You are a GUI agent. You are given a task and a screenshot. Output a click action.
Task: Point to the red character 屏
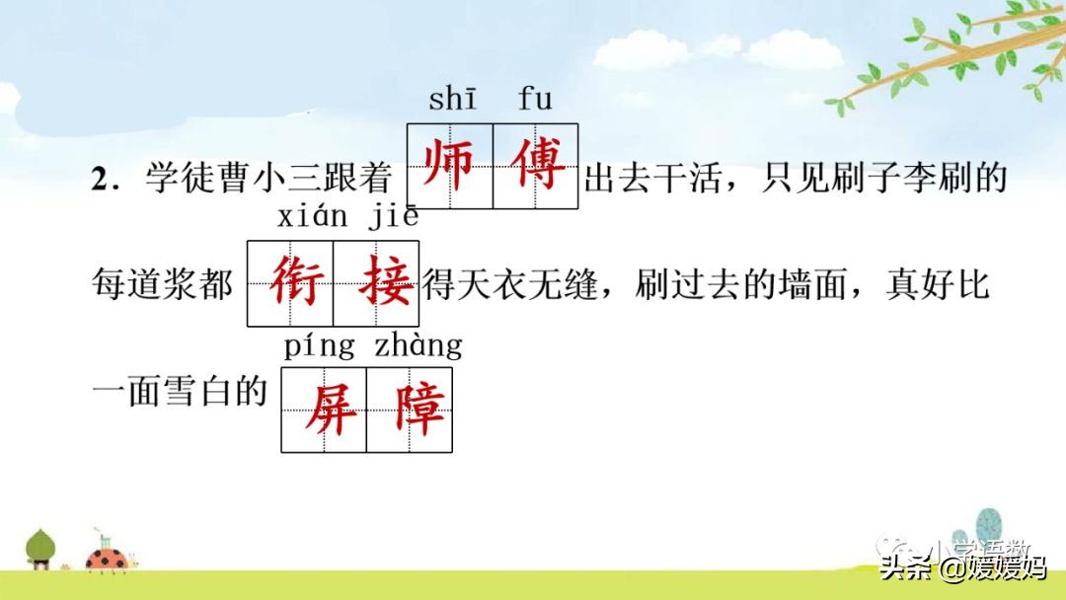[x=325, y=410]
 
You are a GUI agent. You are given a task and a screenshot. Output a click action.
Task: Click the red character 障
[x=410, y=410]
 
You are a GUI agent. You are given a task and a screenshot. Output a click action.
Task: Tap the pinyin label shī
[x=452, y=100]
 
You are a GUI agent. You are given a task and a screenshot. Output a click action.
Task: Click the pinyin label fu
[x=535, y=100]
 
